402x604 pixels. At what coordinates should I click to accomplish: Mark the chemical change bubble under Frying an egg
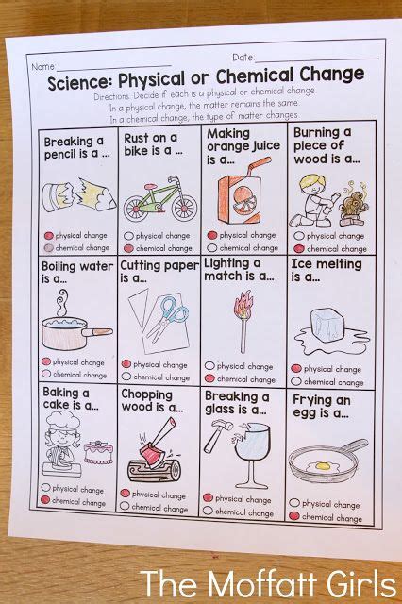point(294,516)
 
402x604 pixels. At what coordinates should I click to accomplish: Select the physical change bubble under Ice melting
point(295,367)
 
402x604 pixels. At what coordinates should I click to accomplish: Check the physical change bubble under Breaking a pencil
point(48,235)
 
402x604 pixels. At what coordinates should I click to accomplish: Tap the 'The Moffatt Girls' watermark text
point(268,579)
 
